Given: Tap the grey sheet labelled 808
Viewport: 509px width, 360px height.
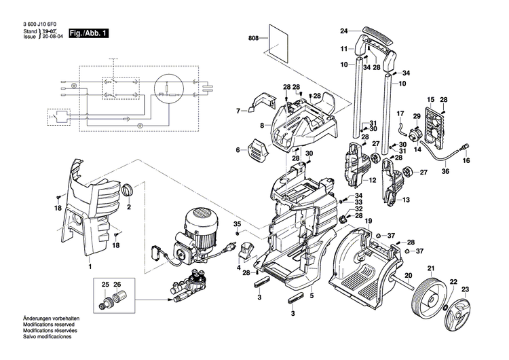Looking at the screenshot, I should [x=278, y=41].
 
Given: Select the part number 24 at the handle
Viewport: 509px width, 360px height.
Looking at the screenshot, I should [x=344, y=31].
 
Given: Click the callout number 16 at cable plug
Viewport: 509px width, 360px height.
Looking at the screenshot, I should [x=466, y=161].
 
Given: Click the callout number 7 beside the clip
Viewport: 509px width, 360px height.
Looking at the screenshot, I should [x=238, y=110].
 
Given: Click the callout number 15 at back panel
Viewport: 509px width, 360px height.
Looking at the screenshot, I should [x=429, y=100].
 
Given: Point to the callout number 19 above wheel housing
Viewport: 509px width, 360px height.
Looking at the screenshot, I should [x=369, y=222].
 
